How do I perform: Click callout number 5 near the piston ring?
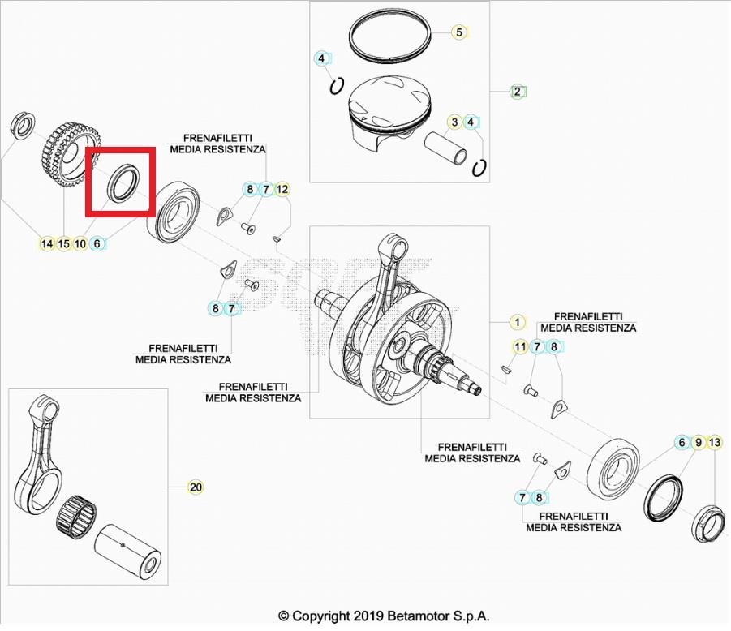tap(459, 32)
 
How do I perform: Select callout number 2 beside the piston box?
tap(518, 91)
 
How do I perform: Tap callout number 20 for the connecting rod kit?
tap(196, 487)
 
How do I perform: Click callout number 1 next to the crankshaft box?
tap(516, 322)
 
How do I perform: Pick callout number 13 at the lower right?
tap(714, 442)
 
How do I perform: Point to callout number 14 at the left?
tap(46, 243)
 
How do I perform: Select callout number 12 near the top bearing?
tap(282, 189)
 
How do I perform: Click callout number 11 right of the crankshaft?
tap(520, 347)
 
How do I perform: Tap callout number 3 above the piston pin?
tap(456, 122)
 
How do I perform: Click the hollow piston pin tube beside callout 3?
tap(449, 148)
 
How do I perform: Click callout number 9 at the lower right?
tap(698, 442)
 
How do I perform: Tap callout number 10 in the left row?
tap(80, 243)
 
